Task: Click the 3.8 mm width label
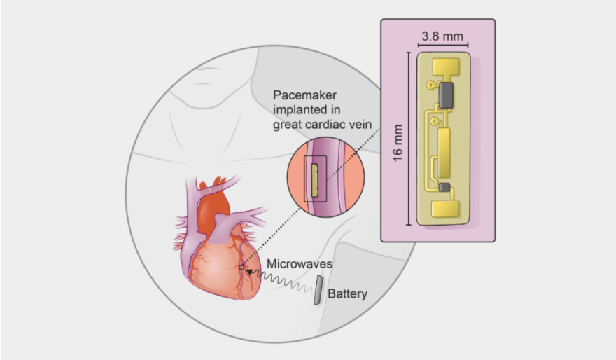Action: [x=440, y=34]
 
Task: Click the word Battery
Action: [x=347, y=293]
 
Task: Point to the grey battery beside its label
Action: [x=318, y=289]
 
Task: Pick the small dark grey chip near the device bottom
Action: [x=444, y=187]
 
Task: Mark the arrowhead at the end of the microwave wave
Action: [x=250, y=270]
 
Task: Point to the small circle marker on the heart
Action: [x=241, y=267]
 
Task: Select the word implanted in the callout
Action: [x=302, y=109]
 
